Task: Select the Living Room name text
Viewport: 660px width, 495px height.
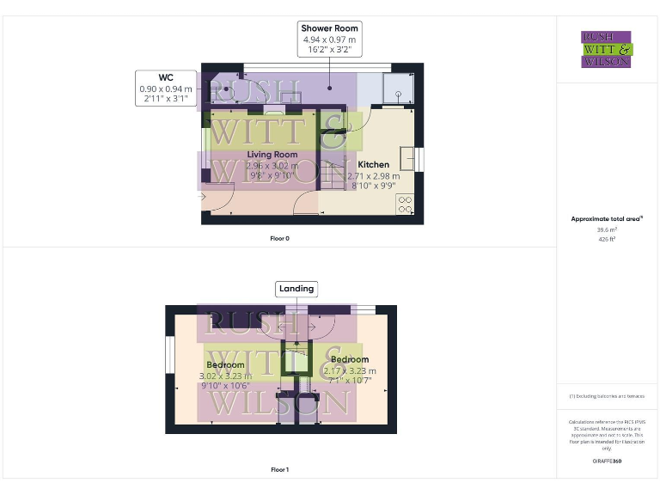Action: coord(272,155)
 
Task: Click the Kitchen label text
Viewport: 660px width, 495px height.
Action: coord(374,164)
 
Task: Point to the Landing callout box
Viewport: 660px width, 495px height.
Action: coord(296,289)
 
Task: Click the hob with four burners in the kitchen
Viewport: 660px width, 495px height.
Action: coord(405,205)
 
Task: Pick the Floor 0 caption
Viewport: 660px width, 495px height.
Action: coord(279,238)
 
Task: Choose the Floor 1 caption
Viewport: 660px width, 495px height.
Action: coord(279,470)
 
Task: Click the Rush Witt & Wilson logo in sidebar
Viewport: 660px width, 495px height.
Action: coord(607,49)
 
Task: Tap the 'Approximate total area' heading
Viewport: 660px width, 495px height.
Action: coord(607,219)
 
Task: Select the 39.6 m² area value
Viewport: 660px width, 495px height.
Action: coord(607,230)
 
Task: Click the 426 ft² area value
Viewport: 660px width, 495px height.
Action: coord(607,239)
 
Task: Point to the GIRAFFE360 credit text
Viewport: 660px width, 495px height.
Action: coord(607,461)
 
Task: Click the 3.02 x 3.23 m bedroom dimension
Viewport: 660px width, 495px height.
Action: coord(226,376)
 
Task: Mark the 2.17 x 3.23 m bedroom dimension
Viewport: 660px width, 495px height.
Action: coord(350,370)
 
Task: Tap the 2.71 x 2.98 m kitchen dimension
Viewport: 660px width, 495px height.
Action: coord(374,175)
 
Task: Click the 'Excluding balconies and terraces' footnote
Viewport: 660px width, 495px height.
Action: coord(607,396)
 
